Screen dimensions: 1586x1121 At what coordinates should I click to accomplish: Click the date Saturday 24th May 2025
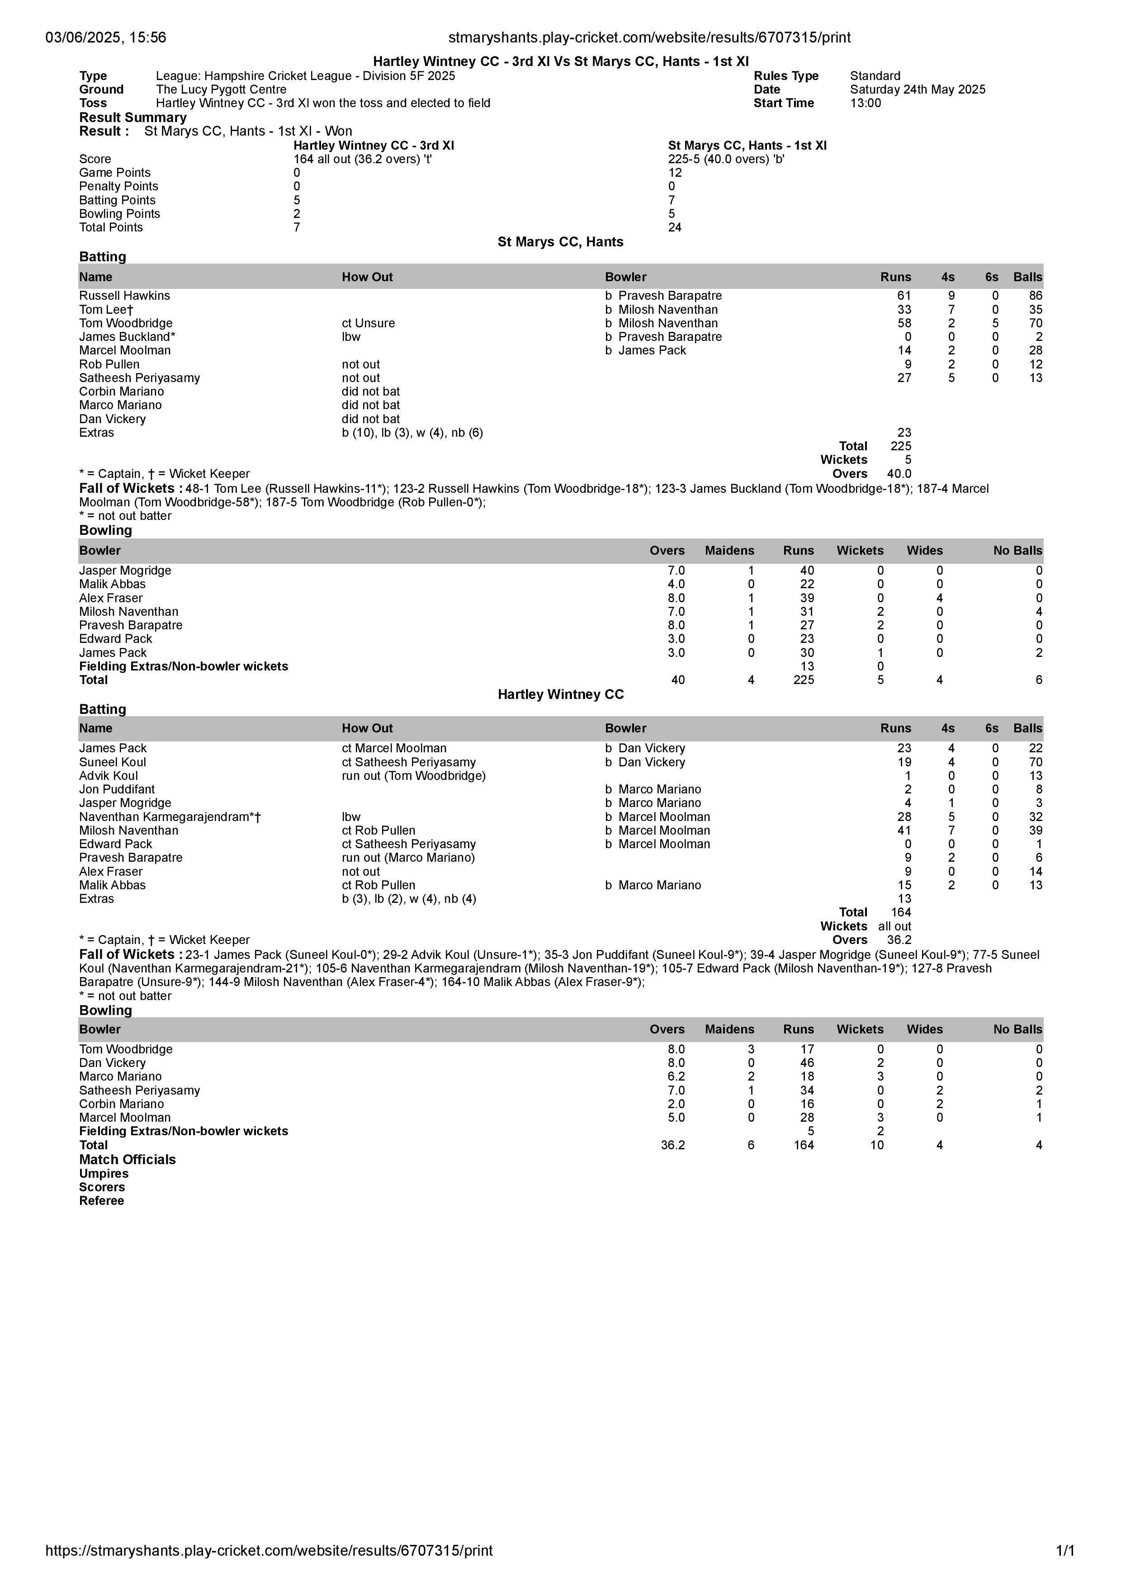tap(917, 89)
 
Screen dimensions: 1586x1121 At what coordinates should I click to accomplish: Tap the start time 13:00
tap(866, 103)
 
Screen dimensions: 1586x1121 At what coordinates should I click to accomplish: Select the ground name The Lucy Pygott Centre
tap(221, 89)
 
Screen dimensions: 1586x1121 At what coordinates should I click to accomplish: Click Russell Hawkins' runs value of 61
tap(903, 296)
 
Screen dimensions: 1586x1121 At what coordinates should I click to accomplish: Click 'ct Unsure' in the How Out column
tap(368, 323)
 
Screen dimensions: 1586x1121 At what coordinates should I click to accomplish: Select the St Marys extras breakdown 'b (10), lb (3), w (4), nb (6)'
tap(412, 433)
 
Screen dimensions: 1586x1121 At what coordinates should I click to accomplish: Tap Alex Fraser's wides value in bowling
tap(939, 598)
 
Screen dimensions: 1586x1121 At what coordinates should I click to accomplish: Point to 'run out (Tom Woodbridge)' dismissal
tap(414, 776)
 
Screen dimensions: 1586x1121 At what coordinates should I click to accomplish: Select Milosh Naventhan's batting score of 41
tap(903, 831)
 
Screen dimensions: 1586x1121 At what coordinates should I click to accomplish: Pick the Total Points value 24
tap(674, 227)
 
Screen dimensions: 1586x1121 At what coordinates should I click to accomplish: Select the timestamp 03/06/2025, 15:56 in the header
tap(106, 38)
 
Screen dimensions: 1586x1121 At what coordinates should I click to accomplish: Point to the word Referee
tap(102, 1200)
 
